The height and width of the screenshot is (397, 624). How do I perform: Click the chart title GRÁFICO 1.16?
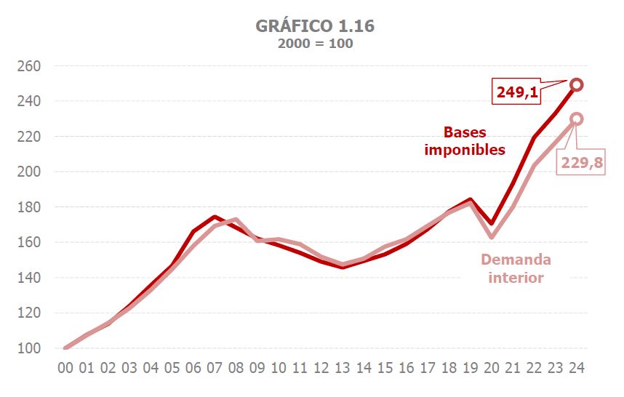click(315, 26)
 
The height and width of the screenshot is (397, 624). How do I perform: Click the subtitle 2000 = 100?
click(315, 43)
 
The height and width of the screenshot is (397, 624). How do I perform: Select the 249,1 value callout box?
click(519, 92)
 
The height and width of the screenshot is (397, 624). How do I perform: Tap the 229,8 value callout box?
click(581, 163)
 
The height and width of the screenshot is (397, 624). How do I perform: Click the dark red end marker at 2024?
click(576, 85)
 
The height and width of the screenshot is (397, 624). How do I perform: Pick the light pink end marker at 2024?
click(576, 119)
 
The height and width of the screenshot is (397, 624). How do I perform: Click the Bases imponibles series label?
click(475, 141)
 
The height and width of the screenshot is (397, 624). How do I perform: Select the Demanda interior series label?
click(516, 268)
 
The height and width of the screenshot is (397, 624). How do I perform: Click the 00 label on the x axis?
click(65, 368)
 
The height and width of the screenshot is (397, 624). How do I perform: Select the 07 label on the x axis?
click(215, 368)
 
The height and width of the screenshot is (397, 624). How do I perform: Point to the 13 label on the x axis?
click(342, 368)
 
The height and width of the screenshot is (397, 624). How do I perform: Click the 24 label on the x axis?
click(576, 368)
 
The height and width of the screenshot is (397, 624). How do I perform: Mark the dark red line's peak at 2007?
click(215, 217)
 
